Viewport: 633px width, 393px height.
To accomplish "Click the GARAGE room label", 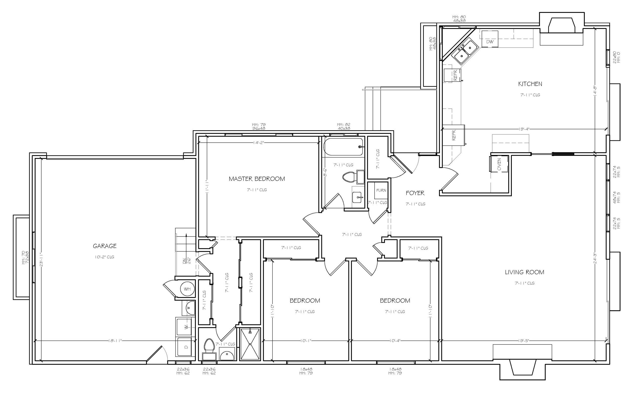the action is [x=105, y=246].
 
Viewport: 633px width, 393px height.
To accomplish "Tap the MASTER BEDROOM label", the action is [x=257, y=179].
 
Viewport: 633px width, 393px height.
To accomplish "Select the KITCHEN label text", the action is [x=530, y=84].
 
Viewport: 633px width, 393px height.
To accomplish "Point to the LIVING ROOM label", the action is [x=525, y=272].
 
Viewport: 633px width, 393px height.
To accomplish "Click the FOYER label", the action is [x=415, y=193].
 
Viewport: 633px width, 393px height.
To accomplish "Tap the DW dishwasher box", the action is [x=490, y=39].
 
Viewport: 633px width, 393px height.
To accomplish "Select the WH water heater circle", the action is [x=187, y=289].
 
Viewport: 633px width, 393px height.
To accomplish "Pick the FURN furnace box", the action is [x=381, y=191].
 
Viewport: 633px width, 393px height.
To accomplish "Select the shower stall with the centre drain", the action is [x=250, y=344].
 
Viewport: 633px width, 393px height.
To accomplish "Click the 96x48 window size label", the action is [x=259, y=128].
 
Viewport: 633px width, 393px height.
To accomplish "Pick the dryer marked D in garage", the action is [x=186, y=347].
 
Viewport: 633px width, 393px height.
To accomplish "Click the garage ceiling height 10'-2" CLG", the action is [x=105, y=257].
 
